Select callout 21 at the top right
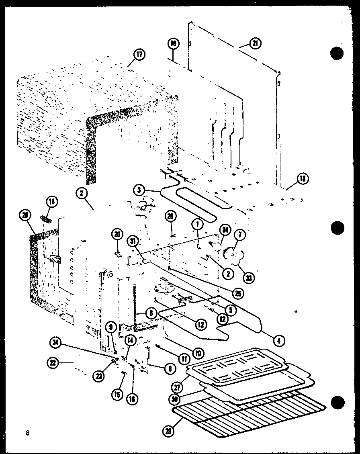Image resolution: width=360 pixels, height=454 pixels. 255,44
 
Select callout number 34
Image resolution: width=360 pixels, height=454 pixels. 225,231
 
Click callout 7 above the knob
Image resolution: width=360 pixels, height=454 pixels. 242,234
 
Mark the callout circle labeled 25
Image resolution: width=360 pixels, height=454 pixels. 239,293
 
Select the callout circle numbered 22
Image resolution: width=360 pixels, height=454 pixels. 53,363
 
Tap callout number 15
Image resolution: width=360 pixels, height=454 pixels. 117,395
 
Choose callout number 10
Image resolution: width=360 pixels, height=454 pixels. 197,354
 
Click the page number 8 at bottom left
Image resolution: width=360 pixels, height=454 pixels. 27,433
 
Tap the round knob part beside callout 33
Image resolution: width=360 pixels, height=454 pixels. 231,254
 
